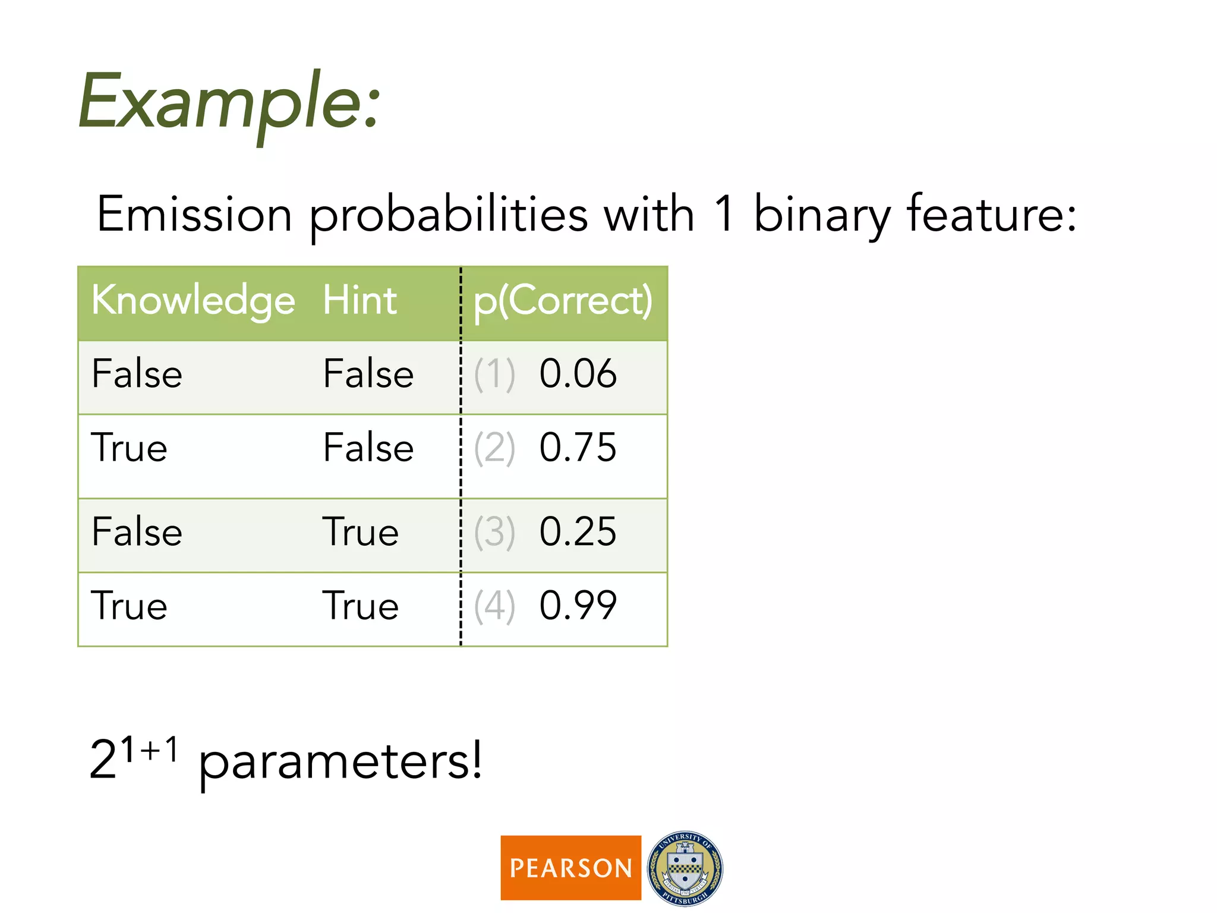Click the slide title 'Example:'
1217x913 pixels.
click(229, 101)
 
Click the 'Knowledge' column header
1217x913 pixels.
click(193, 300)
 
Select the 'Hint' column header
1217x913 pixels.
click(360, 300)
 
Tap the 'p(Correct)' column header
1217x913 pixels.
click(563, 301)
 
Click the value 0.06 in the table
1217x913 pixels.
click(578, 374)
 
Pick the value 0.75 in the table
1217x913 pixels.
click(578, 448)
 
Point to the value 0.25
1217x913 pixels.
click(578, 531)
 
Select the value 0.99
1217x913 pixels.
click(578, 606)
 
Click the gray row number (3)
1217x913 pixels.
click(494, 532)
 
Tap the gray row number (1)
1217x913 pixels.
click(494, 374)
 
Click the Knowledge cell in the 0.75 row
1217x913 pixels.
click(129, 448)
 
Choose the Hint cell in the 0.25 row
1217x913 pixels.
click(360, 531)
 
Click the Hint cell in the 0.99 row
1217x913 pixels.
click(360, 606)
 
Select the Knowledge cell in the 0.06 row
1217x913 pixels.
click(137, 374)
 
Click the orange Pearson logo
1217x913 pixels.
click(570, 868)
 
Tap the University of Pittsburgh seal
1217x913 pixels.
click(685, 868)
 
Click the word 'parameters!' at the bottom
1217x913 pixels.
click(340, 761)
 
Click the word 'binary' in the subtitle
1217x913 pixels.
click(822, 215)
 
